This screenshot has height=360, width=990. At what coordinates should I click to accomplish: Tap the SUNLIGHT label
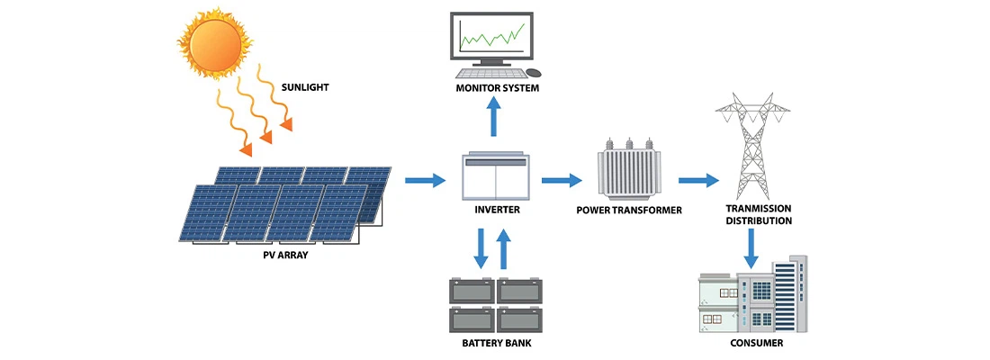point(304,87)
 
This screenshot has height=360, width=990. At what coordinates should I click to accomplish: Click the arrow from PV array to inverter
point(425,181)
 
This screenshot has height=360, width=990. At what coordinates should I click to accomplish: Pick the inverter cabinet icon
point(495,176)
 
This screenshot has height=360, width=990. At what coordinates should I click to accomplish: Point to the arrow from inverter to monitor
point(494,115)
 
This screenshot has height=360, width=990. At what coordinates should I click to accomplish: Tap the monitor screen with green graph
point(491,37)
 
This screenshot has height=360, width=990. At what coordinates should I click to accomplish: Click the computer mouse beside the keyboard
point(534,72)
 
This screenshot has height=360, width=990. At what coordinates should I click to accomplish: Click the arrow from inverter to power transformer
point(562,181)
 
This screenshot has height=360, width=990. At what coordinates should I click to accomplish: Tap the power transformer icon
point(628,171)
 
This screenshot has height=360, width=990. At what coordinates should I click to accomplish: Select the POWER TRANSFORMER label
point(629,211)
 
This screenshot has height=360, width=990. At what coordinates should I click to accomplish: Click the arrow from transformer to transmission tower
point(698,181)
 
